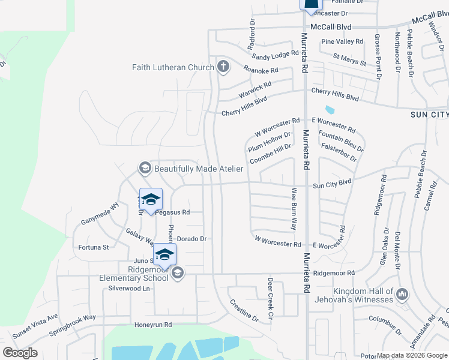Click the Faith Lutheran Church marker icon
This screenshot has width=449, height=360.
coord(223,67)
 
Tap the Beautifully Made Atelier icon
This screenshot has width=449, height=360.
coord(144,169)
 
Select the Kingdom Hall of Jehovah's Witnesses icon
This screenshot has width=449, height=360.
coord(402,294)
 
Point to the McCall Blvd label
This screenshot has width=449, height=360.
coord(331,27)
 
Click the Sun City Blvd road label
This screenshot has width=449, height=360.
coord(331,182)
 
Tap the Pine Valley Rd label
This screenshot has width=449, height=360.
coord(342,41)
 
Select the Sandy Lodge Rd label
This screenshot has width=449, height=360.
coord(275,56)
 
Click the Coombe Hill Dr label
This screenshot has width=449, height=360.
coord(271,154)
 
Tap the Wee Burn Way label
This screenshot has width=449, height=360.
coord(294,209)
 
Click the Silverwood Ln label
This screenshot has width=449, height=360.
coord(128,288)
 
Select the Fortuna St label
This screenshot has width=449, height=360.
coord(94,247)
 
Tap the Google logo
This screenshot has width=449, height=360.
coord(20,353)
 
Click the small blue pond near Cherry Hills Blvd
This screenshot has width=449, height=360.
coord(329,110)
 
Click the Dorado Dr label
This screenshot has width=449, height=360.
coord(191,239)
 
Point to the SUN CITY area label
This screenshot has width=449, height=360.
coord(429,114)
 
